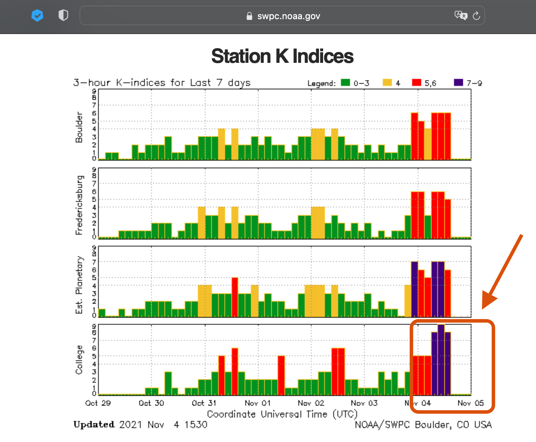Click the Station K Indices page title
coord(282,56)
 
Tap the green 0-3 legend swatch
coord(345,82)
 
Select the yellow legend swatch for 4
coord(387,82)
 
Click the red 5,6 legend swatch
coord(416,82)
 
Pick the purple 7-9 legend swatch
coord(458,82)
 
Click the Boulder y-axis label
coord(79,127)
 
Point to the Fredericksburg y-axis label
coord(80,205)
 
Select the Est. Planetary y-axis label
coord(80,285)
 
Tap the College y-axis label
coord(80,360)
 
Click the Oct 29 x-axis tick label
coord(98,403)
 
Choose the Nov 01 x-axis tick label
coord(258,403)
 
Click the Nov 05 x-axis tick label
coord(470,403)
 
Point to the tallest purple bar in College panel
coord(441,360)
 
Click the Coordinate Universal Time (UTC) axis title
coord(282,414)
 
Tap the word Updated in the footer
coord(94,425)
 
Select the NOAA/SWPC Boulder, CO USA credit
coord(423,425)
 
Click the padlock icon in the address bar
coord(249,16)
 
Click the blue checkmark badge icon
coord(37,15)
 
